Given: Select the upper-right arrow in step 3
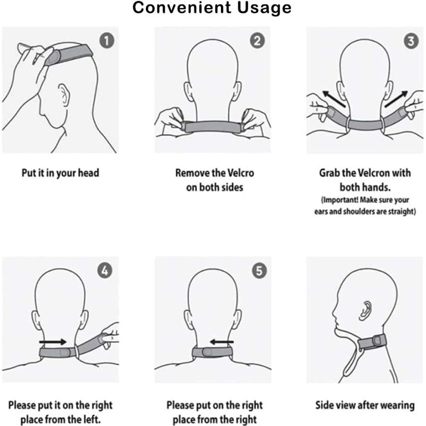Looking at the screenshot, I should coord(395,98).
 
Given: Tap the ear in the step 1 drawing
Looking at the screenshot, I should coord(63,98).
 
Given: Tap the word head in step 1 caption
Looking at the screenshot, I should coord(88,173).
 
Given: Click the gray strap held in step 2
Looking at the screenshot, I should coord(212,127).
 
